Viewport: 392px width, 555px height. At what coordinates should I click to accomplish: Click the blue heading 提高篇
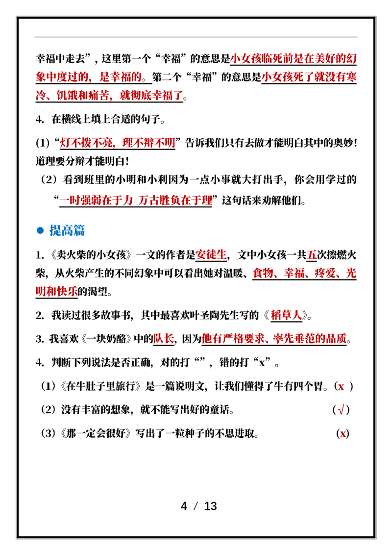coord(67,230)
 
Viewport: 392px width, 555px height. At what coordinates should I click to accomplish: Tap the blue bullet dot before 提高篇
coord(40,231)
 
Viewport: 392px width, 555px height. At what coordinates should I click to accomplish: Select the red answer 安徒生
coord(211,254)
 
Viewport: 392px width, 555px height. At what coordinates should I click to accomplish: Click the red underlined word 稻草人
coord(286,315)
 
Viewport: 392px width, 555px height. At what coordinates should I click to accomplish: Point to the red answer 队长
coord(164,339)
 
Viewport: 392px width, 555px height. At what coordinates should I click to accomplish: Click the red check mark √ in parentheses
coord(341,410)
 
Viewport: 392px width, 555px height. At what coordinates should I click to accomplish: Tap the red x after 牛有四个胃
coord(341,386)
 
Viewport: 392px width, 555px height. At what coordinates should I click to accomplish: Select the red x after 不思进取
coord(343,433)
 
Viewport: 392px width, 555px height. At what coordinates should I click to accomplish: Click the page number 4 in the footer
coord(184,506)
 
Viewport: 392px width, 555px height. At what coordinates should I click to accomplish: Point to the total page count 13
coord(211,506)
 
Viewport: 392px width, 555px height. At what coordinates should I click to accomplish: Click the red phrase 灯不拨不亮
coord(86,143)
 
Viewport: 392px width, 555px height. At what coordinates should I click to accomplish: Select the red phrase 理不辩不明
coord(148,143)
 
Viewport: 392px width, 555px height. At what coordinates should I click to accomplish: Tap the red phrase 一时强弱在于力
coord(96,201)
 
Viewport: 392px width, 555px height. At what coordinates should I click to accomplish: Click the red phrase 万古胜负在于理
coord(175,201)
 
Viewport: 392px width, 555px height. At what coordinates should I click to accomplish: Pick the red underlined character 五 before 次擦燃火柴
coord(312,254)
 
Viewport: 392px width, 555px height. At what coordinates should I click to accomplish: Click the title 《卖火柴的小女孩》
coord(91,254)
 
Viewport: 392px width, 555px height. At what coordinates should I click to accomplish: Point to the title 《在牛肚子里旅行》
coord(102,386)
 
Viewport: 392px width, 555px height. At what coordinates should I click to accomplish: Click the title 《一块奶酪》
coord(106,339)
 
